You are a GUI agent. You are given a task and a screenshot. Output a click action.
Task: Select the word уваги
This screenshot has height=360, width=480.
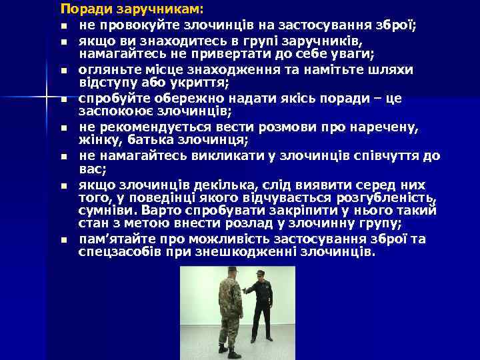coord(353,53)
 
